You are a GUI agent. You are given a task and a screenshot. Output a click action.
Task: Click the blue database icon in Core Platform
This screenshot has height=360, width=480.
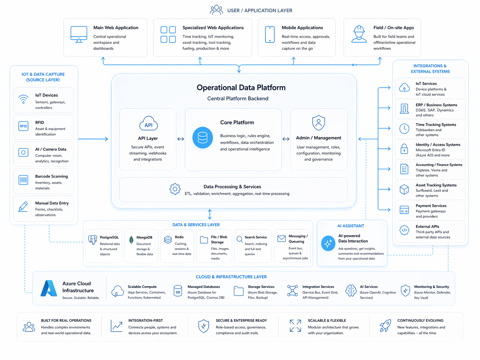(x=203, y=138)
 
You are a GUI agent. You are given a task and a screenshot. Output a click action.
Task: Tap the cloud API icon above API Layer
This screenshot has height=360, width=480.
(x=149, y=124)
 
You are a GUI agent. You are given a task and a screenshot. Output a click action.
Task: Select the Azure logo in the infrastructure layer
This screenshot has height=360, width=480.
(x=49, y=288)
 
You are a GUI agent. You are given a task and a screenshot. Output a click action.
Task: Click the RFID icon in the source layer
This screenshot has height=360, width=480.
(x=23, y=126)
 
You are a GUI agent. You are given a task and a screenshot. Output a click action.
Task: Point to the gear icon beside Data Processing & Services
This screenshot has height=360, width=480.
(x=175, y=189)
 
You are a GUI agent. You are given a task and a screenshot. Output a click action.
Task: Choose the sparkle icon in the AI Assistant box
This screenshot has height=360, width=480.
(x=328, y=244)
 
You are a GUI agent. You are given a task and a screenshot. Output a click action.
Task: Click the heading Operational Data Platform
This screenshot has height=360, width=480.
(x=241, y=88)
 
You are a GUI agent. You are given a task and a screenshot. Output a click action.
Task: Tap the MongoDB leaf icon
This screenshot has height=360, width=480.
(x=131, y=240)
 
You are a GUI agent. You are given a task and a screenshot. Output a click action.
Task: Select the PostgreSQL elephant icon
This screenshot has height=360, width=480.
(x=92, y=239)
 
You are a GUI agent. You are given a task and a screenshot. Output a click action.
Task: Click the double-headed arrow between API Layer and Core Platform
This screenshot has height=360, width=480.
(x=181, y=139)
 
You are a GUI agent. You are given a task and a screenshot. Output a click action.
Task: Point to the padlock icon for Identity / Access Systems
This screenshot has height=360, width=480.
(x=404, y=149)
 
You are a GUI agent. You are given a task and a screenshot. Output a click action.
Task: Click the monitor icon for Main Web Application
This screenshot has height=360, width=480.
(x=79, y=34)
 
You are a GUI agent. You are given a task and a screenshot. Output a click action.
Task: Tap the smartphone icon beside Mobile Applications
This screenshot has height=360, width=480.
(x=270, y=34)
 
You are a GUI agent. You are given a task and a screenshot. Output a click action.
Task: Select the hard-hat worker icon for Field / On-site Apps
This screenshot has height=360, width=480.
(x=359, y=34)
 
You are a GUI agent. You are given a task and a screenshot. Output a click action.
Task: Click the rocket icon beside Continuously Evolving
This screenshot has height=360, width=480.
(x=385, y=326)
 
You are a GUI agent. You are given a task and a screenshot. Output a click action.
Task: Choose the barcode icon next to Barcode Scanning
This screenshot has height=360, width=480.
(x=23, y=180)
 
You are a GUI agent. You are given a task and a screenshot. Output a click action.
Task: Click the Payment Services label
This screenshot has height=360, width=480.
(x=431, y=206)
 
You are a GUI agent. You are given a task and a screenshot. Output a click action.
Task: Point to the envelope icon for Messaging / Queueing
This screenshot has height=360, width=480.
(x=281, y=239)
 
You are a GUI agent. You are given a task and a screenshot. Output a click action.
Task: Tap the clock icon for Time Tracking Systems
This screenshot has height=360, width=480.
(x=404, y=129)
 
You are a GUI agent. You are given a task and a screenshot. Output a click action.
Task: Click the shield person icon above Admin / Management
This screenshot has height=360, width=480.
(x=318, y=123)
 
